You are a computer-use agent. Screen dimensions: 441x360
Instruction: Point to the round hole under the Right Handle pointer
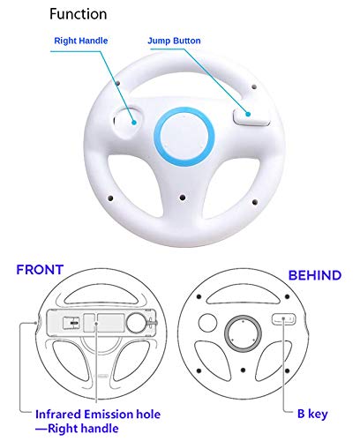click(128, 116)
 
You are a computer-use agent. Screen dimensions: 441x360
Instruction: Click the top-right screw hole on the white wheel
click(255, 87)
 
